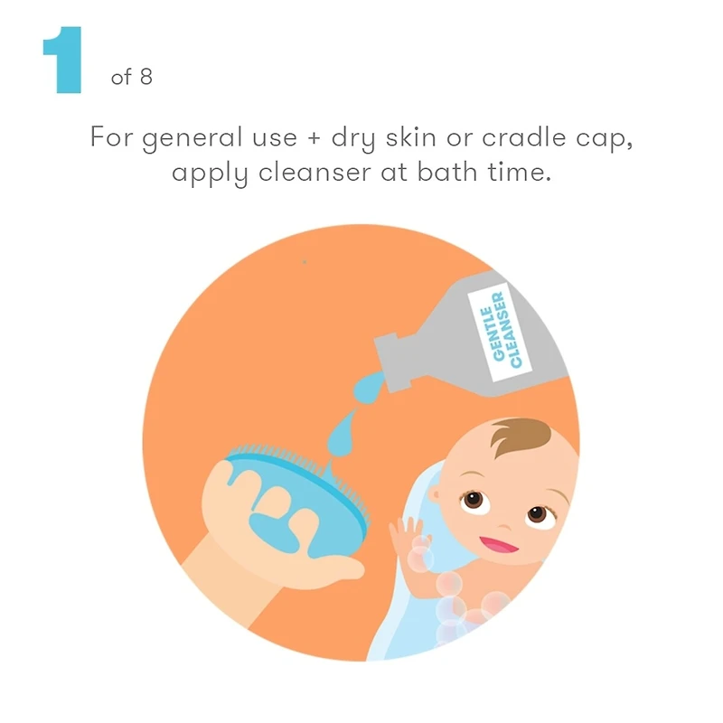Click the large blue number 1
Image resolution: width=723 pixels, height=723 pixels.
[62, 60]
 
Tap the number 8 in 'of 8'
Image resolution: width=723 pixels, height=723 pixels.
[146, 77]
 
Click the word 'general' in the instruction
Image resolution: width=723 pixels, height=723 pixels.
[192, 138]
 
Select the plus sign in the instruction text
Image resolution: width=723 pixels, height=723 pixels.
[314, 138]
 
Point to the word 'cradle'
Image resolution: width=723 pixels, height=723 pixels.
[524, 136]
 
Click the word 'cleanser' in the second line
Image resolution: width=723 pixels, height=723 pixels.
[315, 172]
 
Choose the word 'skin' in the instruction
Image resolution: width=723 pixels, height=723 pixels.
[410, 136]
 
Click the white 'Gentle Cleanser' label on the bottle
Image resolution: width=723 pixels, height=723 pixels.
[500, 331]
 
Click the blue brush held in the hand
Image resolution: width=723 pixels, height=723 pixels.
[300, 498]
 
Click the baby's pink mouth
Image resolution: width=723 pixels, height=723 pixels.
[499, 545]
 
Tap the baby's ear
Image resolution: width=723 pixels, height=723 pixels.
[435, 493]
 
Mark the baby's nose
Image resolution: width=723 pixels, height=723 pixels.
[504, 525]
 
